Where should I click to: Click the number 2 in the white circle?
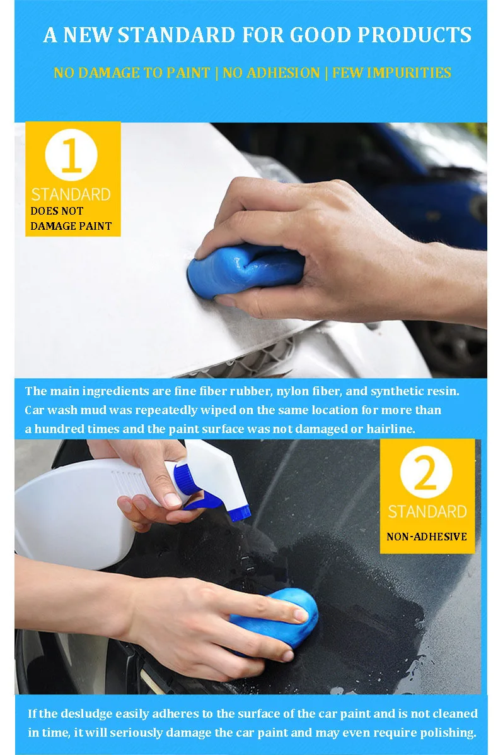[427, 475]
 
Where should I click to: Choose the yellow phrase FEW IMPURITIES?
[391, 73]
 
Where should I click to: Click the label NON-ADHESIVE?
[427, 537]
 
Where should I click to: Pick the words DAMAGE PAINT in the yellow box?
[71, 225]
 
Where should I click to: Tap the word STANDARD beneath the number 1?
[71, 194]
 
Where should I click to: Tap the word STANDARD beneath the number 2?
[427, 511]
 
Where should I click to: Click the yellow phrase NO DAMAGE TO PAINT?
[131, 73]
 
